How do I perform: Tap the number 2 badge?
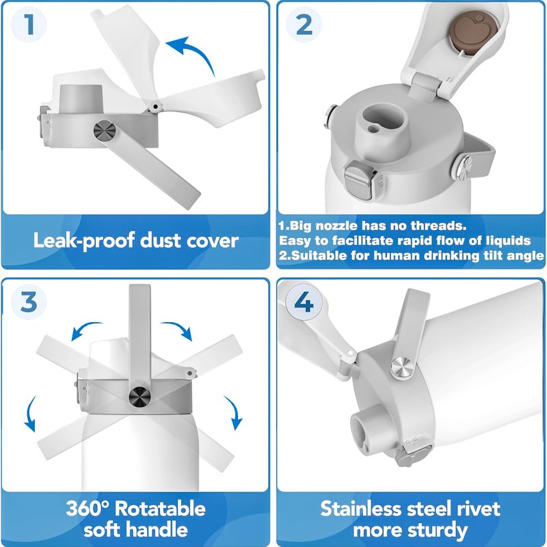click(304, 25)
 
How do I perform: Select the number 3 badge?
click(29, 302)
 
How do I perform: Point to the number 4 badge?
click(304, 302)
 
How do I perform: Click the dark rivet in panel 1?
click(105, 131)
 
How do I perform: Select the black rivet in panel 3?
click(139, 397)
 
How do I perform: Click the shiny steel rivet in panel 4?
click(402, 367)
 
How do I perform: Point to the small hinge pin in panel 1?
click(155, 107)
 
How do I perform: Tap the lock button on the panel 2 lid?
click(359, 180)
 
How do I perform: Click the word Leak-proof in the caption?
click(84, 241)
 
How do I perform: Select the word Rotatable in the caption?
click(160, 508)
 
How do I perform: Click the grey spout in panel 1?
click(81, 98)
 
